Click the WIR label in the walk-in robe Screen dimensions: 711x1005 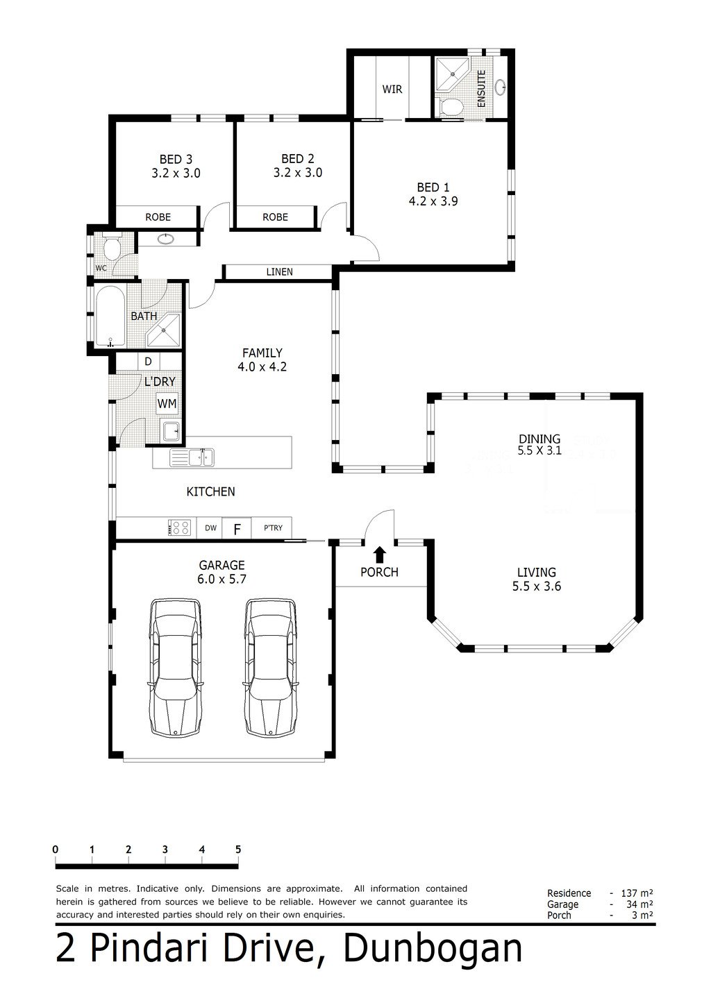click(x=392, y=90)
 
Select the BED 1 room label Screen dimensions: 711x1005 click(x=433, y=187)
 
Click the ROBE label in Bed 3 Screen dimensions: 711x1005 click(x=158, y=217)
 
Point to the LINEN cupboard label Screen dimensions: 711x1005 click(x=279, y=272)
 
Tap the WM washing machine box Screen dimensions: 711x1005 click(x=167, y=404)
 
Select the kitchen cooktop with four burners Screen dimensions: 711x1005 click(x=179, y=527)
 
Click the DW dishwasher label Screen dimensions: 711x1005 click(x=210, y=528)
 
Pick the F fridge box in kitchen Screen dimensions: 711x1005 click(x=237, y=528)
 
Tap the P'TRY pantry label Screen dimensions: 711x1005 click(x=273, y=528)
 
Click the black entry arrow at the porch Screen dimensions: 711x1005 click(x=380, y=555)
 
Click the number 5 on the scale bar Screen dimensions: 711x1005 click(x=238, y=850)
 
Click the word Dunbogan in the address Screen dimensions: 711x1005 click(x=433, y=947)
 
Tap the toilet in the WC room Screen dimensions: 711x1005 click(x=110, y=246)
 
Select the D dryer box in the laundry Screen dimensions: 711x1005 click(x=148, y=361)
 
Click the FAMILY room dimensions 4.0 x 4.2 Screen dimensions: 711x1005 click(x=262, y=366)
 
